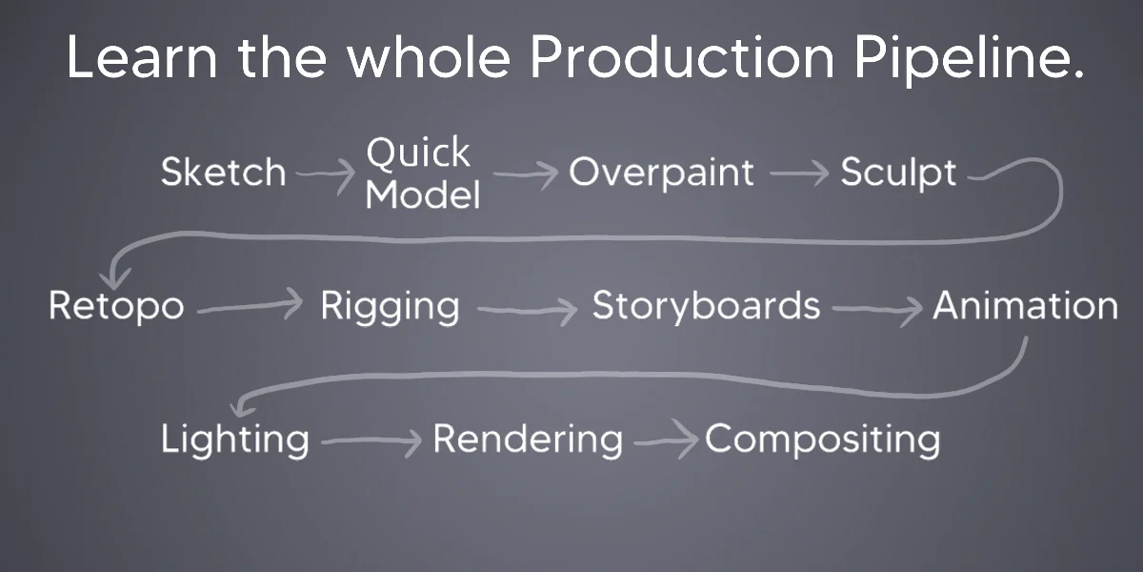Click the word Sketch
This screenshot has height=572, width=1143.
(224, 172)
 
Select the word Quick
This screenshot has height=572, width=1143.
(418, 153)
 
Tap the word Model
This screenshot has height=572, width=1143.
(423, 194)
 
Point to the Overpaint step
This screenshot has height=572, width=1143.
(661, 173)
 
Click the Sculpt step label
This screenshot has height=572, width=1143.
(898, 173)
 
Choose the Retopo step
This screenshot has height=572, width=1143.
(116, 306)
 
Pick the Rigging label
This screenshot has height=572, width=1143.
(390, 306)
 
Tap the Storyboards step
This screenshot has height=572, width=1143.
(706, 305)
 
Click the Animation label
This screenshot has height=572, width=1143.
(1026, 305)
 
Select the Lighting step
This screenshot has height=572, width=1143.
(234, 439)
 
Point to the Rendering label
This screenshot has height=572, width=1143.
(528, 439)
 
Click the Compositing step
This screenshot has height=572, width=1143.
(823, 439)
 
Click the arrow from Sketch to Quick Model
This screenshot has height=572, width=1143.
(326, 174)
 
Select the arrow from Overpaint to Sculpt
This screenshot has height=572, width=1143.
(799, 174)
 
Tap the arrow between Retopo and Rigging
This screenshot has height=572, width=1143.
(250, 306)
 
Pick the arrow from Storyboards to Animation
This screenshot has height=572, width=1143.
(876, 309)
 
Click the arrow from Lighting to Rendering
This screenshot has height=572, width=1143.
(371, 440)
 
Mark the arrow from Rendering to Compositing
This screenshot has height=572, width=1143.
(666, 440)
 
